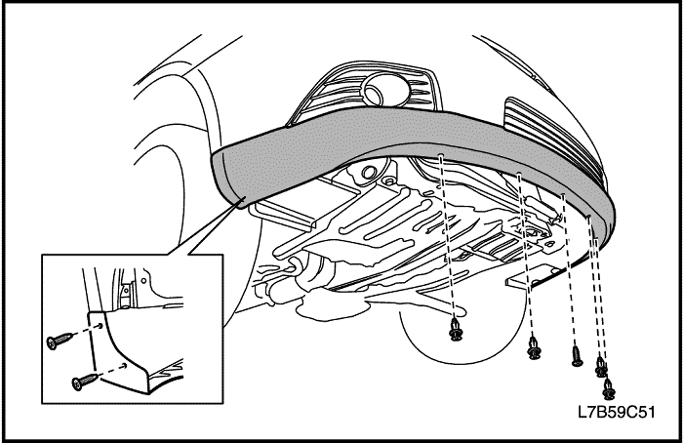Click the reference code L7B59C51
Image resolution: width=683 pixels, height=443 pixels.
pyautogui.click(x=616, y=412)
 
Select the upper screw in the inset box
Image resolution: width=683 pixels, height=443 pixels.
pyautogui.click(x=60, y=341)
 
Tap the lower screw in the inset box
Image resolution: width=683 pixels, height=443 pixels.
pyautogui.click(x=85, y=382)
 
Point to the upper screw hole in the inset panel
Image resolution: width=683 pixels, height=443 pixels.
pyautogui.click(x=100, y=325)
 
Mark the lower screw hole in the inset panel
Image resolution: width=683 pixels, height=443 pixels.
pyautogui.click(x=125, y=366)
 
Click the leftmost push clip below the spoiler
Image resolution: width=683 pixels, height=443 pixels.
pyautogui.click(x=456, y=329)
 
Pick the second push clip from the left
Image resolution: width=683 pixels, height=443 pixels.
pyautogui.click(x=534, y=348)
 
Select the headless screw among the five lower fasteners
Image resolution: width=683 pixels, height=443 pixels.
pyautogui.click(x=577, y=356)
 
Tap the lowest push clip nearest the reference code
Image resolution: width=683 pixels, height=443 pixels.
pyautogui.click(x=610, y=389)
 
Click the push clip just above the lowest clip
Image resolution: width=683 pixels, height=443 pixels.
pyautogui.click(x=602, y=367)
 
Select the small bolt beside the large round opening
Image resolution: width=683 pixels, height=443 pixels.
pyautogui.click(x=388, y=180)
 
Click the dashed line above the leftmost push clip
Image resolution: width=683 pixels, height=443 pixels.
pyautogui.click(x=447, y=236)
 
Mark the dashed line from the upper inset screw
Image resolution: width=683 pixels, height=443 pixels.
pyautogui.click(x=86, y=330)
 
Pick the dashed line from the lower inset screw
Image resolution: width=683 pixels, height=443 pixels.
pyautogui.click(x=110, y=370)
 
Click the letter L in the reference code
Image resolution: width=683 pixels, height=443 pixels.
pyautogui.click(x=582, y=412)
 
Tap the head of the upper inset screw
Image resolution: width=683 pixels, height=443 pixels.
pyautogui.click(x=52, y=343)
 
